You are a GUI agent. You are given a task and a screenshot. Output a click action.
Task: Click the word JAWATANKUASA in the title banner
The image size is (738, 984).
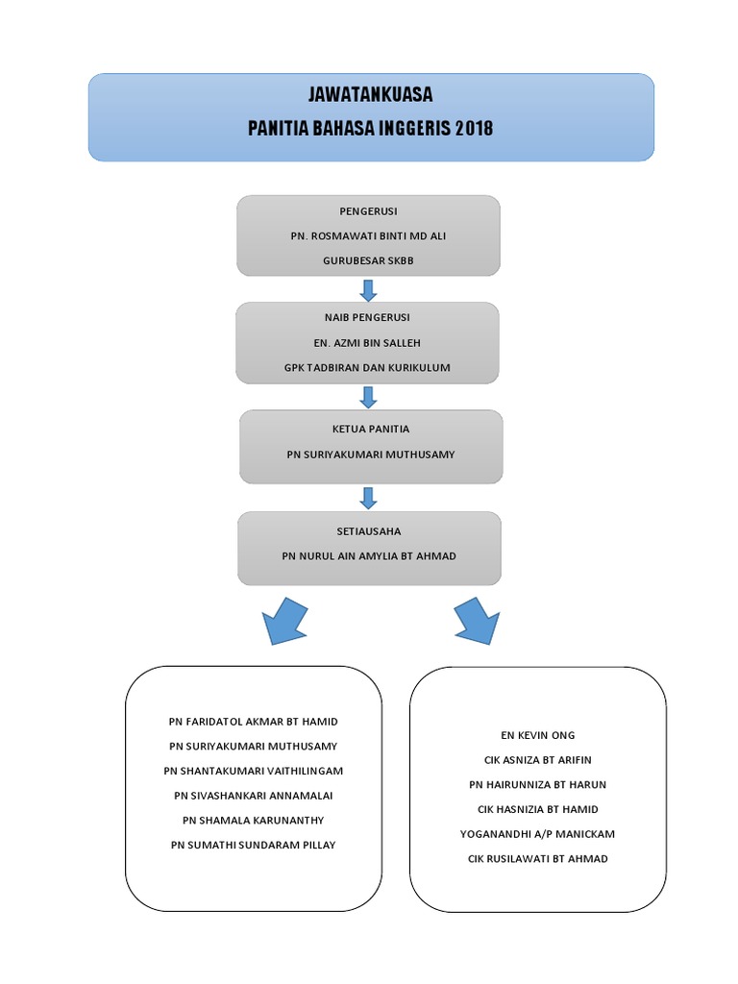pos(370,95)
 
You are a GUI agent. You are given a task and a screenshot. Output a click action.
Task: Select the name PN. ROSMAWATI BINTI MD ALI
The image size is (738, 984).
pos(368,236)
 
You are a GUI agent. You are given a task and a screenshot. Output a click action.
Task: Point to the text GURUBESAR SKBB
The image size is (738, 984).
pos(368,260)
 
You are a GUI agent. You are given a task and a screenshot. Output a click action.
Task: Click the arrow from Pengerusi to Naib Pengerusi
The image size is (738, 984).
pos(368,289)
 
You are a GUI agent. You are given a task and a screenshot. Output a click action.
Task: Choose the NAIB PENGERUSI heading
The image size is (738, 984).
pos(367,317)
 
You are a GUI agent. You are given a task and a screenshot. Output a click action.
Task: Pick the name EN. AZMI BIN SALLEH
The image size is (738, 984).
pos(367,342)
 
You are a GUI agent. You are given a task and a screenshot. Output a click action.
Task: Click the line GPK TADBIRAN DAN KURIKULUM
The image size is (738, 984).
pos(367,367)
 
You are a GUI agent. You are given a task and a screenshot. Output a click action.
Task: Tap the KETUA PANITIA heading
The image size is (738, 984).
pos(370,429)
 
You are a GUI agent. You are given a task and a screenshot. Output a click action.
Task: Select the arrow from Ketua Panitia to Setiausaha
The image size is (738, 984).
pos(368,498)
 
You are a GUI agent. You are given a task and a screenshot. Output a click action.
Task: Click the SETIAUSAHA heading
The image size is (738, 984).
pos(369,530)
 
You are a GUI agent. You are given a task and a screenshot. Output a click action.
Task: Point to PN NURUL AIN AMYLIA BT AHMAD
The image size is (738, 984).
pos(369,555)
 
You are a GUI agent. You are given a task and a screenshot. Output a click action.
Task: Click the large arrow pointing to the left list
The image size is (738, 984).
pos(284,620)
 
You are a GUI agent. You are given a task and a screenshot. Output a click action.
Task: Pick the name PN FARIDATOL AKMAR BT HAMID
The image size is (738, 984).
pos(254,721)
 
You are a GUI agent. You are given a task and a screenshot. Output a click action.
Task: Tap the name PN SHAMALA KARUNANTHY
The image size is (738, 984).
pos(254,820)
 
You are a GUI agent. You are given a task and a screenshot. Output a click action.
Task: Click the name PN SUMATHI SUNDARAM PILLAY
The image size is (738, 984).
pos(254,845)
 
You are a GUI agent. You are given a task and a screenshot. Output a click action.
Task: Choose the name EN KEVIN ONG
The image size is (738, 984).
pos(537,735)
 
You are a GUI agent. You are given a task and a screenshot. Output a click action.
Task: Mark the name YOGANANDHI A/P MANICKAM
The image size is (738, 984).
pos(537,834)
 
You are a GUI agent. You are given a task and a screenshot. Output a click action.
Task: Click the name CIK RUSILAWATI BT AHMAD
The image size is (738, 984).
pos(537,858)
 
